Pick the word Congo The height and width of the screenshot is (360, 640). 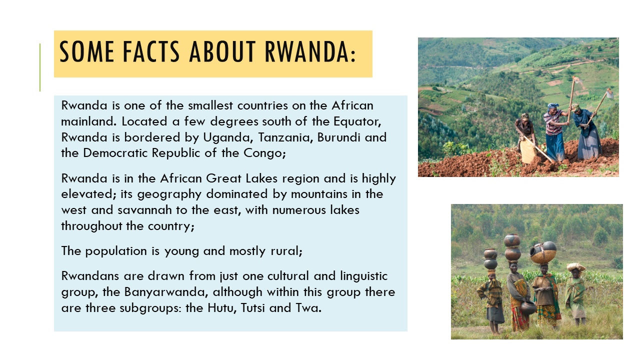(x=264, y=153)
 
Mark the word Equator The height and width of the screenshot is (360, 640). (x=357, y=121)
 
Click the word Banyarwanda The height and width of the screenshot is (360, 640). (x=165, y=292)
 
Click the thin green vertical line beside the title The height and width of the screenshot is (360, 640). (x=40, y=67)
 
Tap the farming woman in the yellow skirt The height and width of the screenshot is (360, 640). (x=526, y=139)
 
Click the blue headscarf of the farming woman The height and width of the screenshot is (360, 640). (x=552, y=106)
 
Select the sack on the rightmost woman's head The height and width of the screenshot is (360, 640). (x=576, y=267)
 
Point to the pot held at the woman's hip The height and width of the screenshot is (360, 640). (x=528, y=307)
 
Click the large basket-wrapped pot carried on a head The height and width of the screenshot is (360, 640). (x=543, y=252)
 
